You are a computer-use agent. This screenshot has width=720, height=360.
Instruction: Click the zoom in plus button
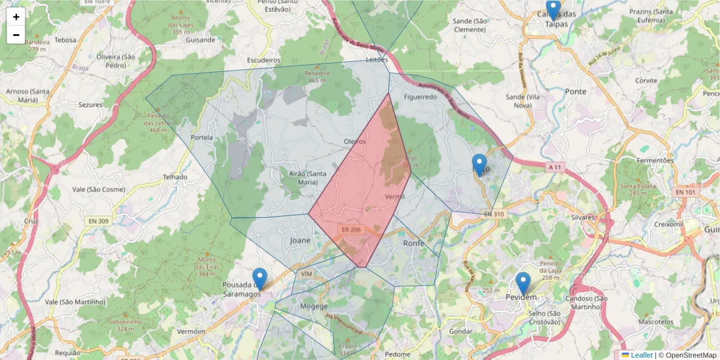click(16, 17)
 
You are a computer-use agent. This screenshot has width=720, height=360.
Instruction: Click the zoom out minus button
click(16, 35)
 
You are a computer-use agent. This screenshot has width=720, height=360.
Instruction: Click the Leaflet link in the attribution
click(641, 355)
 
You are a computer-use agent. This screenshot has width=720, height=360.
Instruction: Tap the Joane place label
click(301, 241)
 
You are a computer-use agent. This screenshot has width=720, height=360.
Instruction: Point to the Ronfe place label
click(414, 243)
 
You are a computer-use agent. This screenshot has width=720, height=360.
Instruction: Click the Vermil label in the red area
click(394, 196)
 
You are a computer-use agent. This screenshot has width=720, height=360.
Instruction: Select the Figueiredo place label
click(421, 97)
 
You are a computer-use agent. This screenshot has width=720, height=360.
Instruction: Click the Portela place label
click(202, 137)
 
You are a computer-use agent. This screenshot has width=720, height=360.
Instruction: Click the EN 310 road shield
click(494, 214)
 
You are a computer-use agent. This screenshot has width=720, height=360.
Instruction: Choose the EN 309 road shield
click(99, 221)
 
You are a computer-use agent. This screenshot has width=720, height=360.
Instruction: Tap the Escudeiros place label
click(264, 61)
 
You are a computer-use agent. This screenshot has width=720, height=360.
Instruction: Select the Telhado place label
click(175, 177)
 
